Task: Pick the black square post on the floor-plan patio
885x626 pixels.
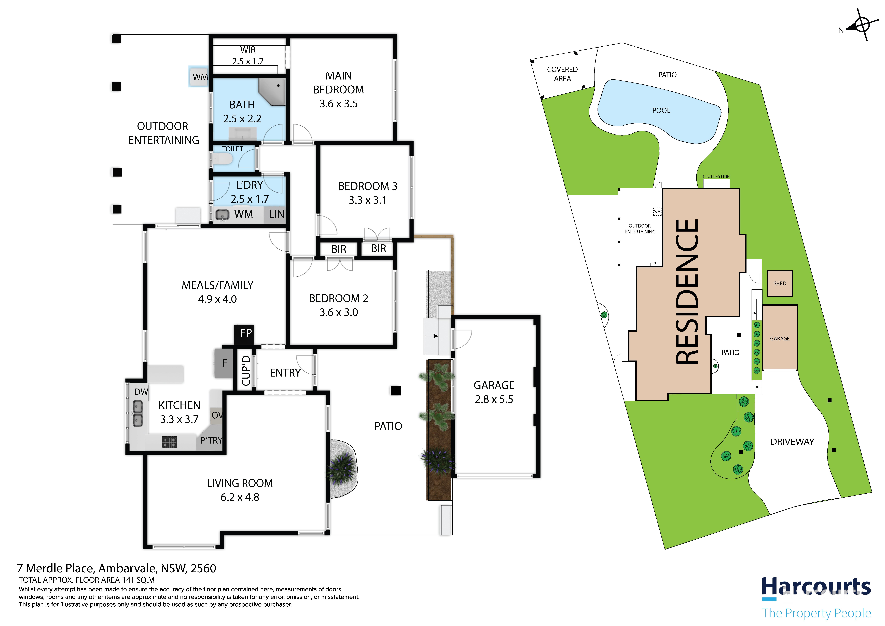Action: coord(396,391)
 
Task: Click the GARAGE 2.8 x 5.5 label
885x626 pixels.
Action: coord(494,392)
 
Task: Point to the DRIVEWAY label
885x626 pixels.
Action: coord(792,442)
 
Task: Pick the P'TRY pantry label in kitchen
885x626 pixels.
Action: coord(211,441)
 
